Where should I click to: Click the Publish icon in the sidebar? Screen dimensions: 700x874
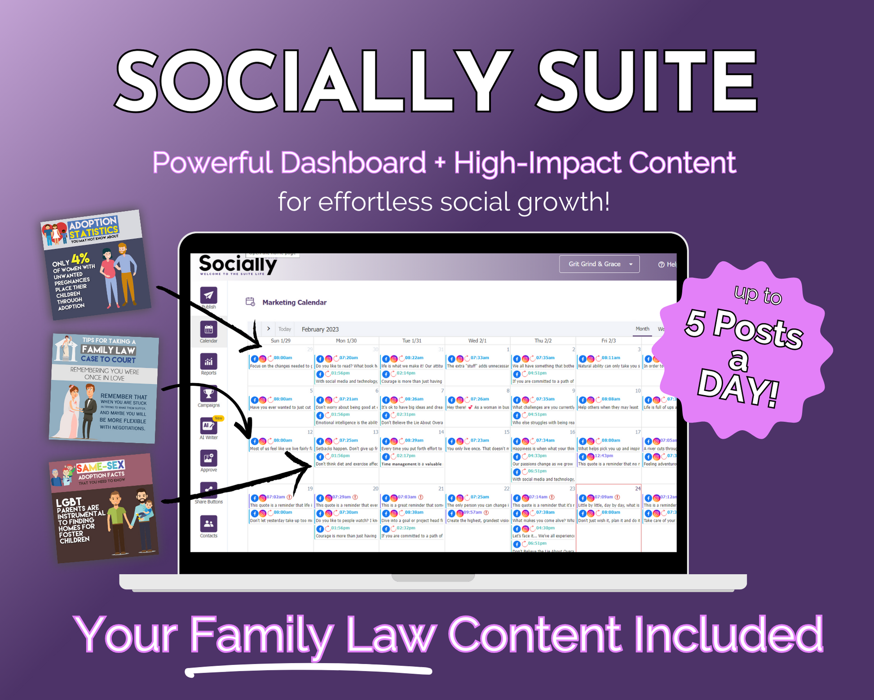(208, 295)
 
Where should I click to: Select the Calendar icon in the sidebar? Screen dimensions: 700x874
(208, 330)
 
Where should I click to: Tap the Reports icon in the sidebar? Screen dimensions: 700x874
(208, 361)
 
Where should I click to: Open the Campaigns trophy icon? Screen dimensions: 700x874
(208, 394)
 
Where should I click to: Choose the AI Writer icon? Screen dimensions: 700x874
(208, 426)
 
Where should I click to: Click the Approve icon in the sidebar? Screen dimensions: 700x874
(208, 458)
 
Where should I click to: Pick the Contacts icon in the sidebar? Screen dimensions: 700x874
(208, 523)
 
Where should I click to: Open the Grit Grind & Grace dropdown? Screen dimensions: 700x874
(599, 264)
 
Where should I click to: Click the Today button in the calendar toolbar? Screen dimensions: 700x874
(285, 329)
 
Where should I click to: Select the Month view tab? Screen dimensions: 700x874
(642, 329)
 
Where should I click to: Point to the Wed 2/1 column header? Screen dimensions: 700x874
(477, 341)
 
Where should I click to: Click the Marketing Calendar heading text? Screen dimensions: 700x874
(294, 303)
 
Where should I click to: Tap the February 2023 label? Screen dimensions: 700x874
(320, 329)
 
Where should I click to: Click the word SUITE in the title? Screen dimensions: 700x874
(647, 81)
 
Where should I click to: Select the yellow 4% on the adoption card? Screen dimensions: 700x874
(80, 259)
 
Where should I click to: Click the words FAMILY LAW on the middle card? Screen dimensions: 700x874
(108, 349)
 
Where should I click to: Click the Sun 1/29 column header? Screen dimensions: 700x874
(280, 341)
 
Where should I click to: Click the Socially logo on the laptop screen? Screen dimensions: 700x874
(238, 264)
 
